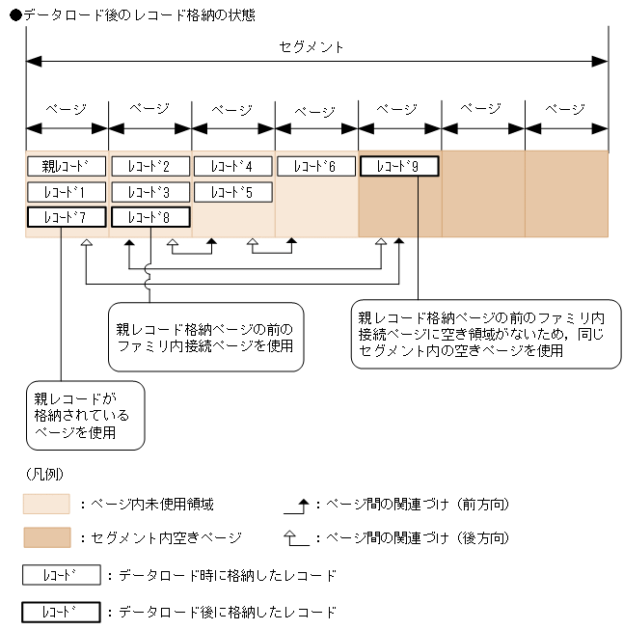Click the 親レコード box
coord(66,167)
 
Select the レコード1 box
coord(66,192)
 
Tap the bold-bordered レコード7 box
coord(66,217)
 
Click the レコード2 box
coord(149,167)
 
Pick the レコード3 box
coord(149,192)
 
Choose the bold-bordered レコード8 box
coord(149,217)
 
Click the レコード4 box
coord(232,167)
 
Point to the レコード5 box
coord(232,192)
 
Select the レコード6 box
coord(315,167)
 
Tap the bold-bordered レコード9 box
coord(399,167)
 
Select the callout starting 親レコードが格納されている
coord(85,415)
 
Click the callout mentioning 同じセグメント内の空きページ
coord(485,334)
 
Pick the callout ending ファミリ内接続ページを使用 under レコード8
coord(204,337)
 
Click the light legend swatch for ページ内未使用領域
coord(46,505)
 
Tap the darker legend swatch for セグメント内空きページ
coord(46,537)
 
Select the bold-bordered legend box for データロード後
coord(61,612)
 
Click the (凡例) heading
coord(44,476)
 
